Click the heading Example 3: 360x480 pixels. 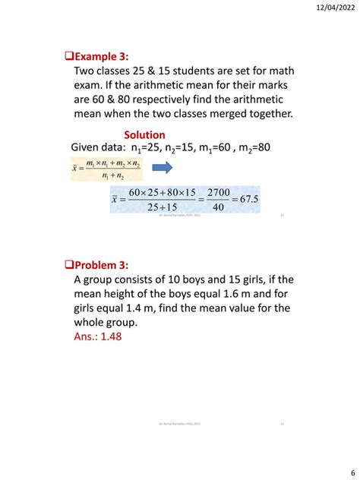coord(100,55)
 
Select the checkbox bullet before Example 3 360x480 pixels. coord(65,55)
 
